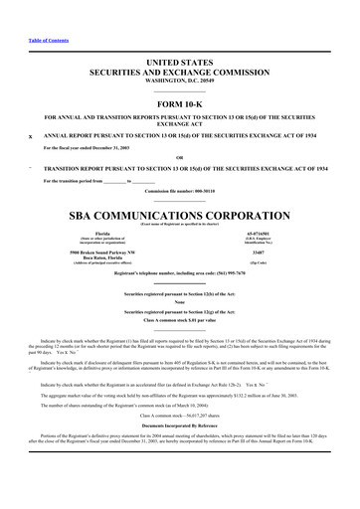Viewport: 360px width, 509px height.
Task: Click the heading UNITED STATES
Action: point(179,62)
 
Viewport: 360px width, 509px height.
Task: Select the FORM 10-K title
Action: point(179,105)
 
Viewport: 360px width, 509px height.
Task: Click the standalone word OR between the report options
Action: point(179,157)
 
